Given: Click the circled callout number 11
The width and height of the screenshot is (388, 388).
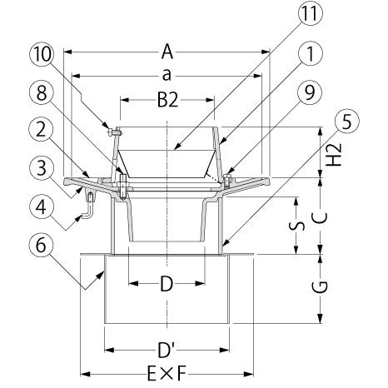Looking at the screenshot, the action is pyautogui.click(x=310, y=13).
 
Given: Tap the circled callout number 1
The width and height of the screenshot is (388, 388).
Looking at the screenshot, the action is pyautogui.click(x=310, y=53).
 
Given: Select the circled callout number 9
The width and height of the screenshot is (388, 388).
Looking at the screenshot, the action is pyautogui.click(x=310, y=92).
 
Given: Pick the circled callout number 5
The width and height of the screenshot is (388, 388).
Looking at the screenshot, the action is pyautogui.click(x=346, y=121).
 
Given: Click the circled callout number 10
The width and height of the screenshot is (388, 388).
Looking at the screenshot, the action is pyautogui.click(x=42, y=54).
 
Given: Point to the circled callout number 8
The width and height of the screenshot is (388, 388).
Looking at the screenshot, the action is pyautogui.click(x=42, y=93).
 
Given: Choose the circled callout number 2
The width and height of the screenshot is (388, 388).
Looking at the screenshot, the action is pyautogui.click(x=42, y=129).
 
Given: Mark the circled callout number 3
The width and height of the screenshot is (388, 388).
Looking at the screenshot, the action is pyautogui.click(x=42, y=167).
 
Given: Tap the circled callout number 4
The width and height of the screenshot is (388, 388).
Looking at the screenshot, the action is pyautogui.click(x=42, y=206).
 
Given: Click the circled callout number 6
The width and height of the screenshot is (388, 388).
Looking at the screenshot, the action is pyautogui.click(x=42, y=245).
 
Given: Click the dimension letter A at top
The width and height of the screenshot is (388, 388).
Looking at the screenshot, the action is pyautogui.click(x=167, y=52).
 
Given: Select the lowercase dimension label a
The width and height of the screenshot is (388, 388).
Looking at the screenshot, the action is pyautogui.click(x=167, y=76).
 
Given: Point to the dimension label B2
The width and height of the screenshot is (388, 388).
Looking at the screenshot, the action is pyautogui.click(x=167, y=100).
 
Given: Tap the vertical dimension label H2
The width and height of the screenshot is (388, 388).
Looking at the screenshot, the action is pyautogui.click(x=334, y=155).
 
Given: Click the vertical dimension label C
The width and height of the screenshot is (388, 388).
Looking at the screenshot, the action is pyautogui.click(x=320, y=218).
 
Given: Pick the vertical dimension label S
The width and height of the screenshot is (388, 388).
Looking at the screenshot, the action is pyautogui.click(x=296, y=226).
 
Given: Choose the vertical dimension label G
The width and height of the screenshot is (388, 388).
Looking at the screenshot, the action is pyautogui.click(x=320, y=287).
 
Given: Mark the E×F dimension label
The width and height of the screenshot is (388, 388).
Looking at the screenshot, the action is pyautogui.click(x=167, y=374).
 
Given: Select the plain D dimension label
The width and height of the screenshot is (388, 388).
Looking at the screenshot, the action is pyautogui.click(x=167, y=284).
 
